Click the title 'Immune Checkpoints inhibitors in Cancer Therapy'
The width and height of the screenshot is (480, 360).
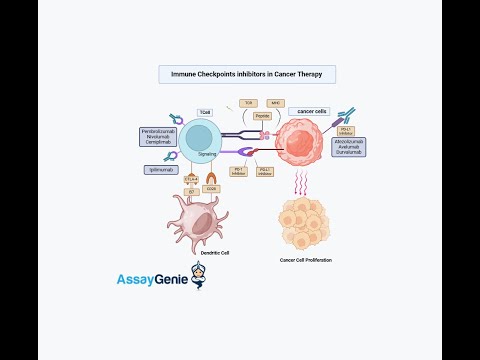coord(247,75)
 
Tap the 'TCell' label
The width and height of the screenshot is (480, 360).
coord(205,112)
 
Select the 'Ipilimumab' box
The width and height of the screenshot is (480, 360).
coord(160,170)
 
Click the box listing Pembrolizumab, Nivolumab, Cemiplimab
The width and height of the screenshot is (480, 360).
coord(161,137)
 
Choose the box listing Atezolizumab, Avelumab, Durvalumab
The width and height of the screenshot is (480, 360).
coord(349,147)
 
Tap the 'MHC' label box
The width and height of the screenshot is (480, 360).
coord(276,103)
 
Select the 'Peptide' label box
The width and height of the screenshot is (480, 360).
coord(262,116)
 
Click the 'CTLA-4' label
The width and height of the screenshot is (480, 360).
coord(191,181)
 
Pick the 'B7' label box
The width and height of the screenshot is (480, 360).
coord(190,190)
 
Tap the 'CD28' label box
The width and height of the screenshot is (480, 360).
coord(211,187)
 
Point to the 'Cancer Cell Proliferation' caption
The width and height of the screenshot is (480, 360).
coord(306,260)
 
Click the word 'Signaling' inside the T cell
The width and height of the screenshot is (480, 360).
coord(208,155)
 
